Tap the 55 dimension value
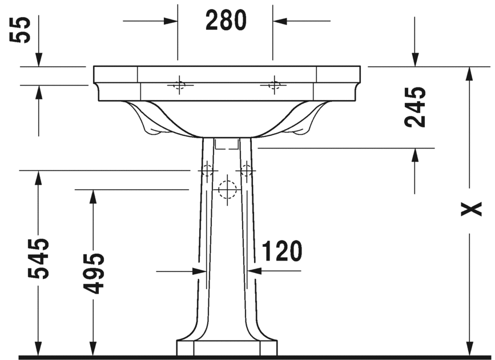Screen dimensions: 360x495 [x=22, y=31]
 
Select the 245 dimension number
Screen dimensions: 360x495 [x=415, y=107]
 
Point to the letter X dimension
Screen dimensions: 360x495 [x=470, y=210]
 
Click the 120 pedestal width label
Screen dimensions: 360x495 [x=281, y=251]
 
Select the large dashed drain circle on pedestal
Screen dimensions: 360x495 [x=227, y=189]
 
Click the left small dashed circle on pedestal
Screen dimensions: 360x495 [x=206, y=170]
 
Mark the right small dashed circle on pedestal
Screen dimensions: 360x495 [x=247, y=170]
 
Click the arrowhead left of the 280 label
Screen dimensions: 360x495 [x=171, y=21]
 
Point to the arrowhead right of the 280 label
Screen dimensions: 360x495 [x=280, y=21]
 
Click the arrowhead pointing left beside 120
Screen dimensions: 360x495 [x=255, y=271]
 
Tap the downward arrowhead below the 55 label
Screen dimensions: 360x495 [x=39, y=59]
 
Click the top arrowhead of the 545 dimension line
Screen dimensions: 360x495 [x=39, y=177]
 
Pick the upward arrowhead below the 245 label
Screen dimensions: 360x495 [x=415, y=155]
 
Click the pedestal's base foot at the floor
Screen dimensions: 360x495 [x=227, y=347]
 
